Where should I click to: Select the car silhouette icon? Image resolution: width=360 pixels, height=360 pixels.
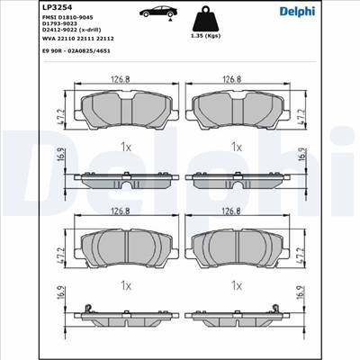(154, 17)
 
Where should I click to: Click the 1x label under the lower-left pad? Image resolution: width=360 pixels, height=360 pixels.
(127, 284)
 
